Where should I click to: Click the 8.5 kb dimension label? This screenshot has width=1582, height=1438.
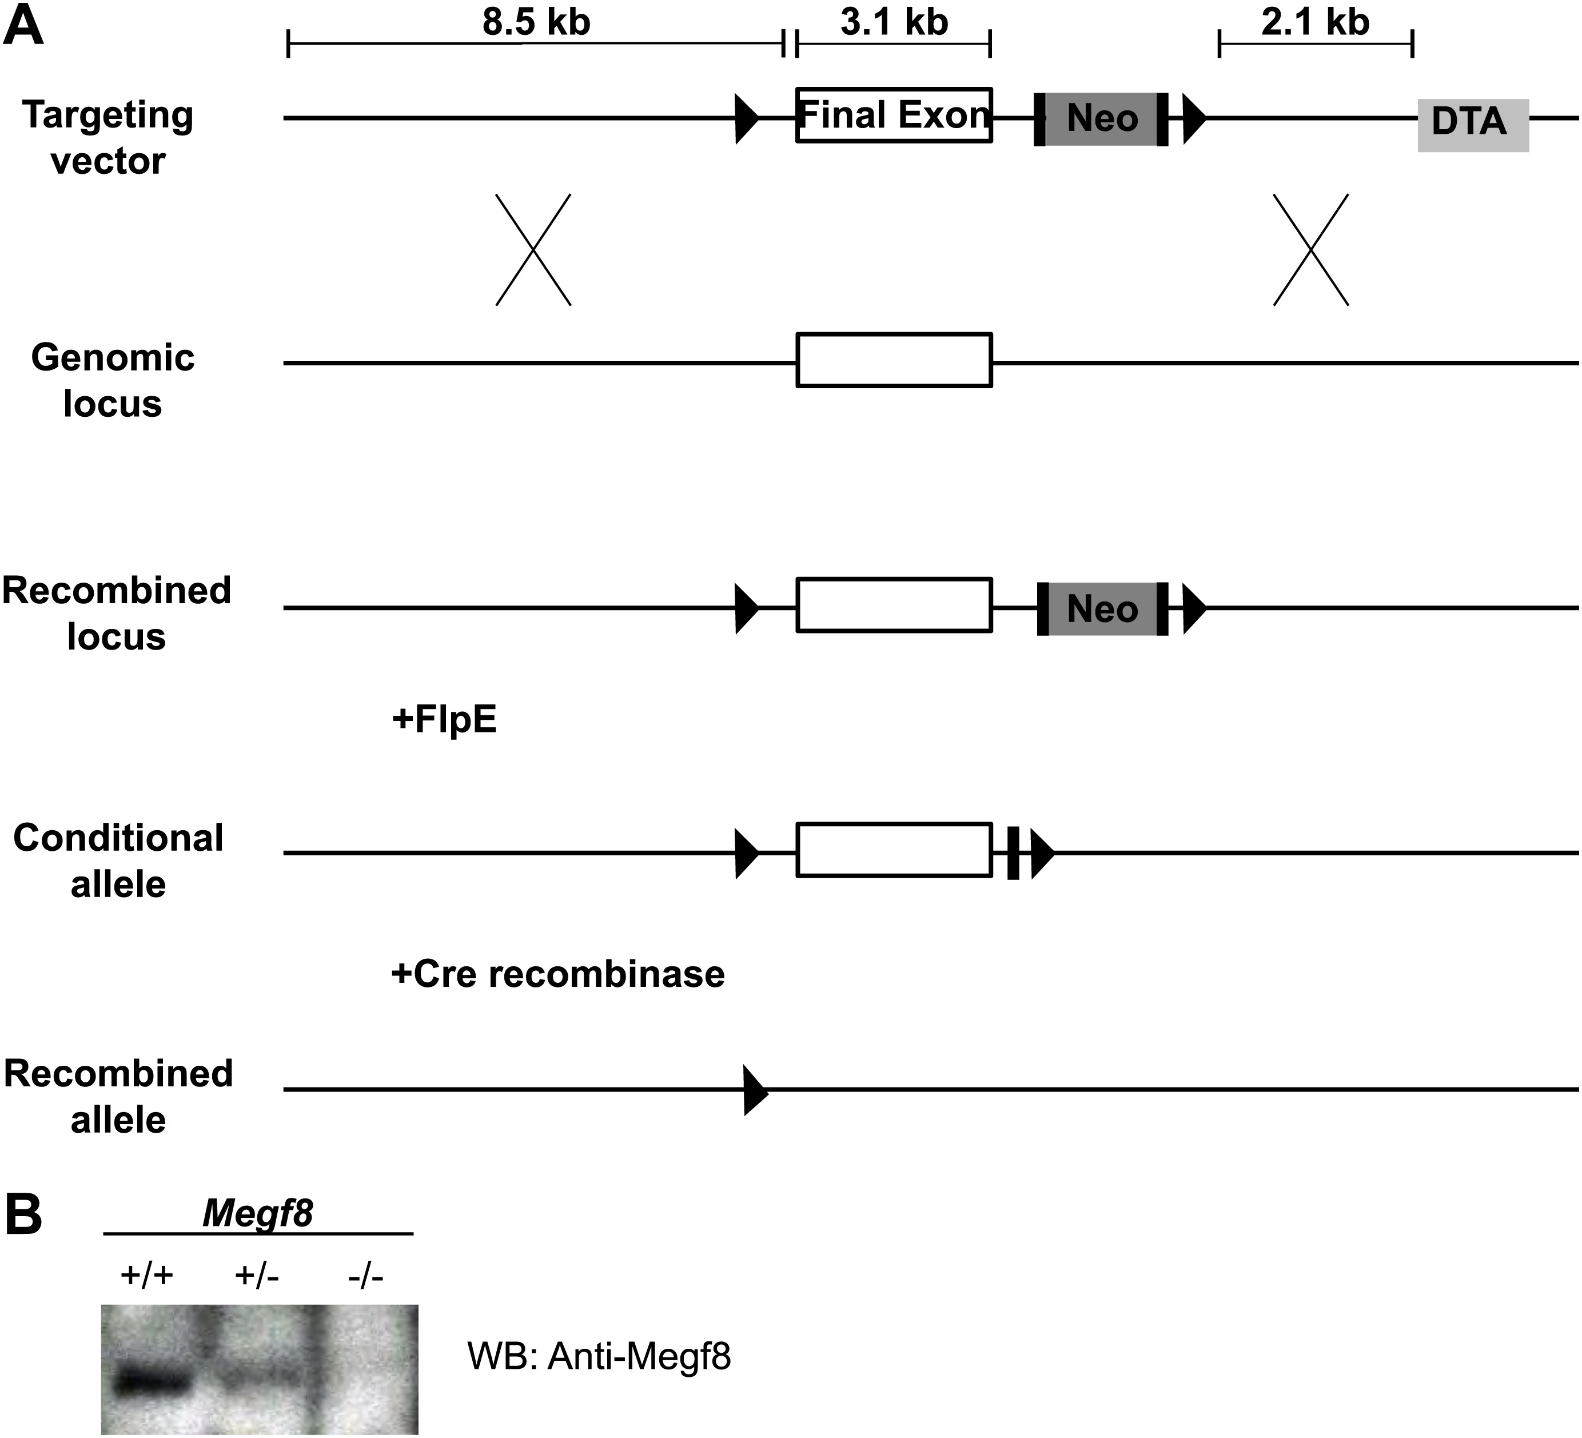pyautogui.click(x=536, y=22)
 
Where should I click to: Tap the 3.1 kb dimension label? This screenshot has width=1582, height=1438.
pyautogui.click(x=894, y=22)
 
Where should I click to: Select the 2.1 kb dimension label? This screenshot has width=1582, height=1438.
pyautogui.click(x=1315, y=22)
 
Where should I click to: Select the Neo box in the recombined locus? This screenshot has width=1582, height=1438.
pyautogui.click(x=1102, y=609)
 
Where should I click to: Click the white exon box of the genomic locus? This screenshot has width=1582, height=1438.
pyautogui.click(x=894, y=360)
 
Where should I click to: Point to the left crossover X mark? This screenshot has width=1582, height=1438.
pyautogui.click(x=533, y=250)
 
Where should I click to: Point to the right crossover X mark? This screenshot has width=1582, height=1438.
pyautogui.click(x=1310, y=250)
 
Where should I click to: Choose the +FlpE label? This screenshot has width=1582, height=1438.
pyautogui.click(x=444, y=719)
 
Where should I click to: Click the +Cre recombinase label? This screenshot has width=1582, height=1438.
pyautogui.click(x=558, y=974)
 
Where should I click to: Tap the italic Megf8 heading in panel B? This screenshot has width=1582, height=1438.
pyautogui.click(x=257, y=1213)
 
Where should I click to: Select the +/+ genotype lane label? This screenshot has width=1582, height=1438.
pyautogui.click(x=147, y=1276)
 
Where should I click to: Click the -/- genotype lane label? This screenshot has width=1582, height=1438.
pyautogui.click(x=366, y=1276)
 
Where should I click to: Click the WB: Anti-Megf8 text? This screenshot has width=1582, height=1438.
pyautogui.click(x=599, y=1356)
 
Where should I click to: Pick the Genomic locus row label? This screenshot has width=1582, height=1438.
pyautogui.click(x=112, y=381)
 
